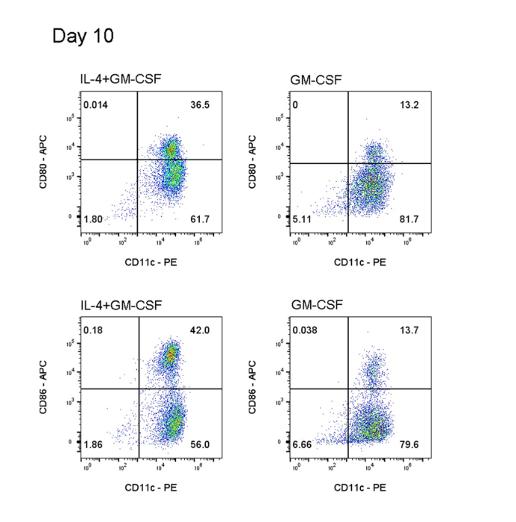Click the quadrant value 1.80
tap(93, 220)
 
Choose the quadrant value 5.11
tap(303, 220)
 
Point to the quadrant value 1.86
tap(93, 445)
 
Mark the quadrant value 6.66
tap(303, 445)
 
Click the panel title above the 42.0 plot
tap(121, 305)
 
